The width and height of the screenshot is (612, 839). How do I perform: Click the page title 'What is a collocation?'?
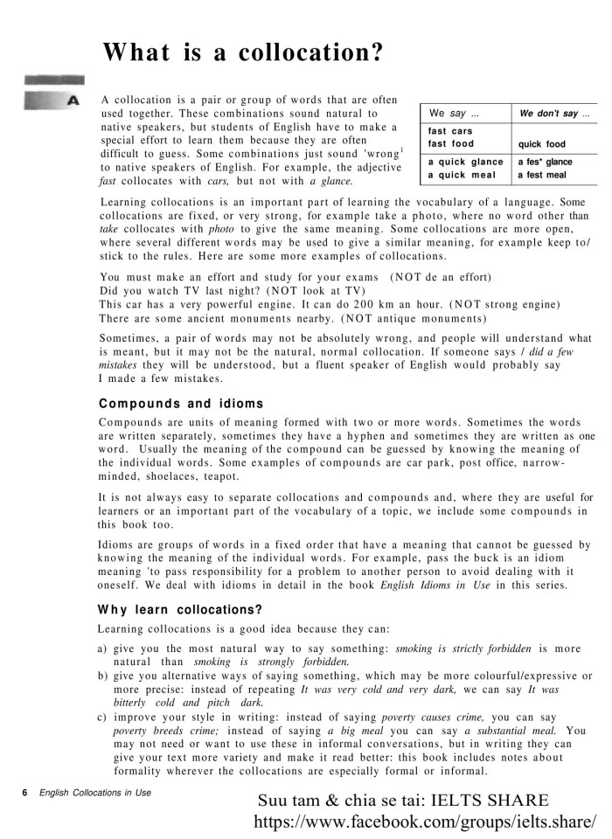coord(242,53)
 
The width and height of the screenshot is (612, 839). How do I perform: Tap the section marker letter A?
coord(73,101)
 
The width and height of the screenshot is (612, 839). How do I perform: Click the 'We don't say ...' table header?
coord(554,114)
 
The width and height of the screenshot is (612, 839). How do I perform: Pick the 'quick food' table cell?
coord(541,144)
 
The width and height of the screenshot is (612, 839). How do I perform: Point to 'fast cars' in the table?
coord(450,131)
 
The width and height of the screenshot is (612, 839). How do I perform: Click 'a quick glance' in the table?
coord(465,162)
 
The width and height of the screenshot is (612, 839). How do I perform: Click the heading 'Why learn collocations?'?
coord(180,609)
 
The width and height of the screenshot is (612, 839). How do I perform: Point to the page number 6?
coord(25,793)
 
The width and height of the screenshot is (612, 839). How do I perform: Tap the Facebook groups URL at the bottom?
coord(425,822)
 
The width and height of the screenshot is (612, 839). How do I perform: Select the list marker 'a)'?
coord(103,648)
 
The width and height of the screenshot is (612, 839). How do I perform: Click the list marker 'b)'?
coord(103,676)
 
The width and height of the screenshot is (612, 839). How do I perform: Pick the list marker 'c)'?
coord(103,717)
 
